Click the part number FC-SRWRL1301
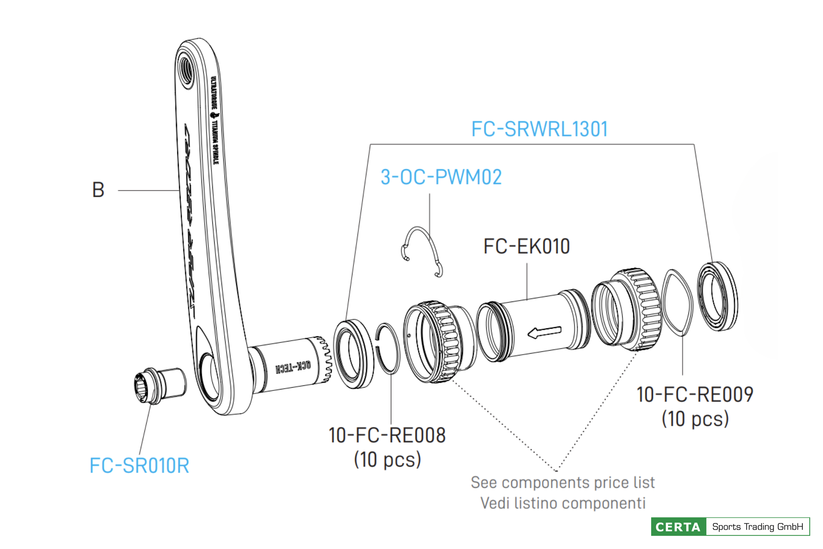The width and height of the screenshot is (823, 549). click(x=539, y=129)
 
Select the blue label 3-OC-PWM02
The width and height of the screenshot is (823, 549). click(x=441, y=177)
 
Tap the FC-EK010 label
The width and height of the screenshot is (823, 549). click(x=526, y=246)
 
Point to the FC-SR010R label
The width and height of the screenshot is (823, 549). click(x=139, y=466)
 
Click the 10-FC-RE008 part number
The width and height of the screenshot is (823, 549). click(x=387, y=436)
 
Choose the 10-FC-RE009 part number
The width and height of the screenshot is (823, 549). click(x=695, y=395)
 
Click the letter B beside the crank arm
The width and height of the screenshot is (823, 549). click(x=98, y=190)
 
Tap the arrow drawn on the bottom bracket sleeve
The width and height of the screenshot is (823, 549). click(x=544, y=332)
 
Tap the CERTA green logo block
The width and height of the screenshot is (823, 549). click(x=678, y=527)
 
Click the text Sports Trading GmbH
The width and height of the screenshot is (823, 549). click(x=758, y=527)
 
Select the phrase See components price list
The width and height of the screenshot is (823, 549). click(x=562, y=483)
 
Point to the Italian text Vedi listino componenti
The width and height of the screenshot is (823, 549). click(x=563, y=503)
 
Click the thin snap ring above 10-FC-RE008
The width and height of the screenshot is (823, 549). click(x=388, y=348)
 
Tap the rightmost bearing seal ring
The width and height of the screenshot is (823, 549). click(x=717, y=296)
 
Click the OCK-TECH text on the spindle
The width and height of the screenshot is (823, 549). click(x=293, y=367)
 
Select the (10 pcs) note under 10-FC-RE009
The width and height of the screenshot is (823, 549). click(x=695, y=419)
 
